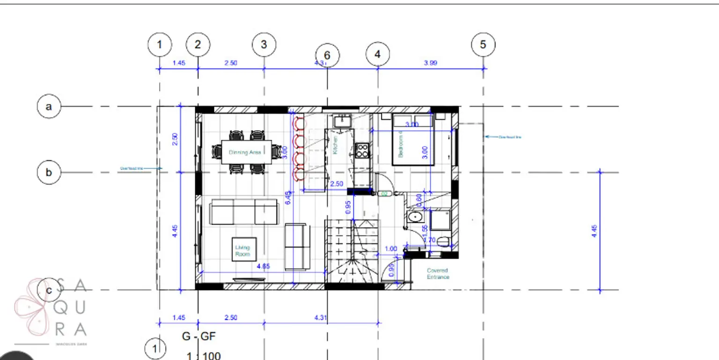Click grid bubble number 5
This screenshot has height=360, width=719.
(483, 44)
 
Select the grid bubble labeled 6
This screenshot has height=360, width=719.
(327, 55)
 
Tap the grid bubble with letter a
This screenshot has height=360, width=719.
(49, 106)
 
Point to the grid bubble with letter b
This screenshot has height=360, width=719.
(49, 172)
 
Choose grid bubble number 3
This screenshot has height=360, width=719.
(264, 44)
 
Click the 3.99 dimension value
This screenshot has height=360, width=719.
(430, 63)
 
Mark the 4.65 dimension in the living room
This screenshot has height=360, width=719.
(263, 266)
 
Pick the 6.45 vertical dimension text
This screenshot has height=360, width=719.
(288, 197)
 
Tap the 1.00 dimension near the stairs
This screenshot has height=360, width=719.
(390, 249)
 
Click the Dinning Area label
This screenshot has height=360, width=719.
(245, 152)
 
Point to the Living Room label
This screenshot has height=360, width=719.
(242, 250)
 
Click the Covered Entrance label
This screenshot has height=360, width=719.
(438, 273)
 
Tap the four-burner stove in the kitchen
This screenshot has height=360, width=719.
(362, 150)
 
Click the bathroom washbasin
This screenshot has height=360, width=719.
(414, 217)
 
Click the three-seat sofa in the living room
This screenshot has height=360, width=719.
(243, 212)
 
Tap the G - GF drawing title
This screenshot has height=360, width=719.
(199, 336)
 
